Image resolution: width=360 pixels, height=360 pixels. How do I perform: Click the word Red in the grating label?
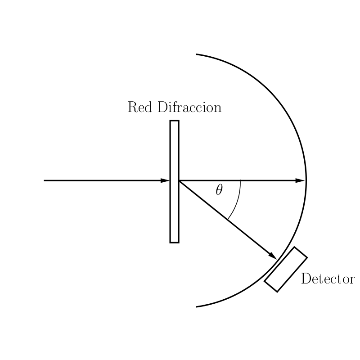[x=140, y=107]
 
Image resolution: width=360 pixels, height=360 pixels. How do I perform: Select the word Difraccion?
[x=189, y=107]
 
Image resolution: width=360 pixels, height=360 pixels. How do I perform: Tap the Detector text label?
[x=328, y=279]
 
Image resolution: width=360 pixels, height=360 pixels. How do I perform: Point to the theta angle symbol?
[x=219, y=190]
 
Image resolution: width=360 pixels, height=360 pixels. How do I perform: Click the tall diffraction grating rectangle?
[x=175, y=181]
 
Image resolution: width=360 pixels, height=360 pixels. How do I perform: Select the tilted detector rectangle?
[x=286, y=269]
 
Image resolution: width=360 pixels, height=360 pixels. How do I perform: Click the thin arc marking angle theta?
[x=237, y=202]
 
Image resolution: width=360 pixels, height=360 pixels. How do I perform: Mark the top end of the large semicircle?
[x=196, y=54]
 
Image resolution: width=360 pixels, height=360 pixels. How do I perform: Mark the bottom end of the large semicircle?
[x=196, y=307]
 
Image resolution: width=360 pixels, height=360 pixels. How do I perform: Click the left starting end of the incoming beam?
[x=44, y=181]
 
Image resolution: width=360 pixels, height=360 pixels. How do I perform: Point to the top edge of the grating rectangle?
[x=175, y=121]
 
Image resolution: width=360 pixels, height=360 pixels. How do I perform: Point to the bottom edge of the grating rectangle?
[x=175, y=243]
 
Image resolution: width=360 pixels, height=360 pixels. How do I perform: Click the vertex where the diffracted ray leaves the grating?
[x=179, y=181]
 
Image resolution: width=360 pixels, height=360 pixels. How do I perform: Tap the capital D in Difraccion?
[x=163, y=107]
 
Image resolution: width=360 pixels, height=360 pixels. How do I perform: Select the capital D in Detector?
[x=306, y=279]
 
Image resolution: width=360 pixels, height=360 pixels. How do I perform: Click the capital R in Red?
[x=133, y=107]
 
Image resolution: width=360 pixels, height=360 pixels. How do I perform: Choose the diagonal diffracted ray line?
[x=228, y=220]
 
